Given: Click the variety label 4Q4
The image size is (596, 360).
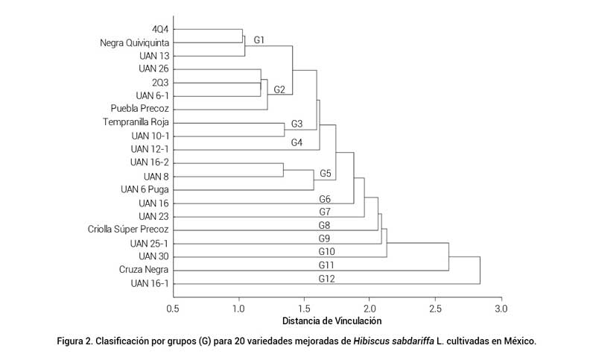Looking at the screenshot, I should click(158, 29).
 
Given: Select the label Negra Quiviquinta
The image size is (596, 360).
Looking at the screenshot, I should click(134, 42).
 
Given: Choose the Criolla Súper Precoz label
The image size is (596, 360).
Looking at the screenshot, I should click(128, 230).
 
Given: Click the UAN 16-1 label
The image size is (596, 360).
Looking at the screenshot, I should click(149, 282).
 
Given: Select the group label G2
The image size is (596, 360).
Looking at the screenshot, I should click(279, 90).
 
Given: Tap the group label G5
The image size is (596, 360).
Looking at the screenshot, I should click(325, 174).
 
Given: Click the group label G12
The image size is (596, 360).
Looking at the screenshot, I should click(326, 280).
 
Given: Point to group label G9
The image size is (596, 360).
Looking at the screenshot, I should click(325, 239).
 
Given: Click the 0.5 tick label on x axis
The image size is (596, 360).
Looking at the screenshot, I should click(173, 307).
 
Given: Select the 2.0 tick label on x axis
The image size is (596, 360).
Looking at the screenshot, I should click(370, 307).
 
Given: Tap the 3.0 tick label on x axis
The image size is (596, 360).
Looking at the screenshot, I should click(501, 307).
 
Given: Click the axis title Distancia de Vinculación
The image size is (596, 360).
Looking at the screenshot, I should click(332, 321).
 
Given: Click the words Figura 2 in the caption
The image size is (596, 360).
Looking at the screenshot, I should click(77, 341).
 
